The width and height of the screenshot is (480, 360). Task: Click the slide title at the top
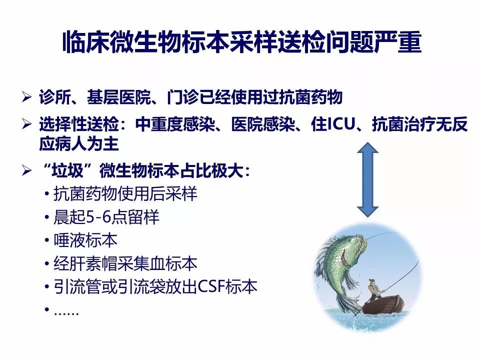pyautogui.click(x=242, y=41)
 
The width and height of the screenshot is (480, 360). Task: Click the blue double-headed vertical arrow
pyautogui.click(x=367, y=179)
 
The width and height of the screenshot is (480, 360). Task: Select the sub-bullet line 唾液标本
pyautogui.click(x=85, y=240)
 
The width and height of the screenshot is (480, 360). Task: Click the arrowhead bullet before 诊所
pyautogui.click(x=26, y=97)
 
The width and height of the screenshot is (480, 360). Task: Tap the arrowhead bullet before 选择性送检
pyautogui.click(x=26, y=124)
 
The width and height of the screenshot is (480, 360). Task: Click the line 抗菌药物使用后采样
pyautogui.click(x=125, y=194)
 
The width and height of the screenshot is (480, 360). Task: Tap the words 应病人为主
pyautogui.click(x=78, y=143)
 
